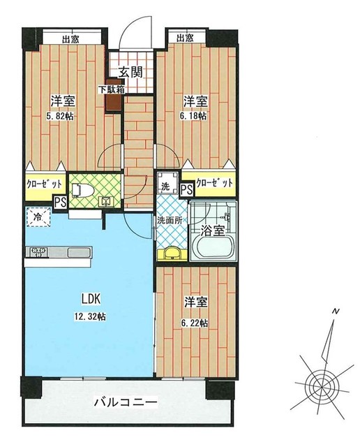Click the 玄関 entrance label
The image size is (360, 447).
coord(130,72)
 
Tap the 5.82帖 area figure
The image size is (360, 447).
coord(61,117)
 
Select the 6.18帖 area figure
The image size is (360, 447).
coord(195,116)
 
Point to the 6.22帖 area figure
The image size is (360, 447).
coord(195,323)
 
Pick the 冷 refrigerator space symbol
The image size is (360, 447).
coord(38,217)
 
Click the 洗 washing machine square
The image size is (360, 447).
coord(167,183)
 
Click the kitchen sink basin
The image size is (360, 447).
coord(79,253)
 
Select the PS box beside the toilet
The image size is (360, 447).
coord(61,203)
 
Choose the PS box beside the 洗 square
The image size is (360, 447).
coord(186,189)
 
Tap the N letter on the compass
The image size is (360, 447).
coord(336,312)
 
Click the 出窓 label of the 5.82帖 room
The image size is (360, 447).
coord(70,39)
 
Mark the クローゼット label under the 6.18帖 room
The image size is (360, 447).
coord(214,183)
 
